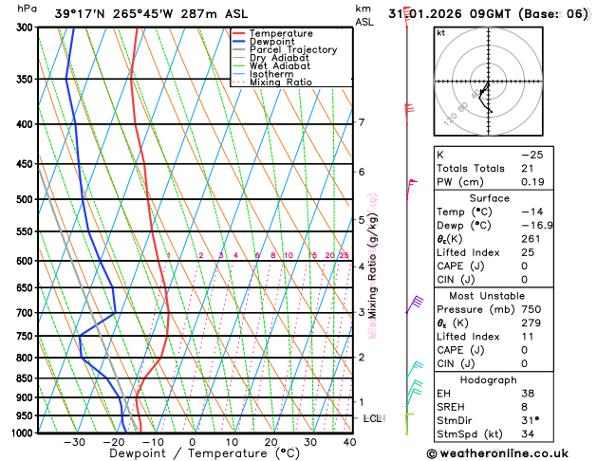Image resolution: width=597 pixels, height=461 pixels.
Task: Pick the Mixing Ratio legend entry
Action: coord(281,83)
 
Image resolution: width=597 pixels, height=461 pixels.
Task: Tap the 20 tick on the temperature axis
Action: coord(271,442)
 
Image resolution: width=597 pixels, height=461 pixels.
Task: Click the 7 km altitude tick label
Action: coord(361,122)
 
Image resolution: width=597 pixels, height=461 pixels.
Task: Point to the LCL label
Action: coord(373,418)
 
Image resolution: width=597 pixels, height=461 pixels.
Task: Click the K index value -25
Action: coord(532,154)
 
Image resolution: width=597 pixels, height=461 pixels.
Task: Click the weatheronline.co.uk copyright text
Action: coord(511,452)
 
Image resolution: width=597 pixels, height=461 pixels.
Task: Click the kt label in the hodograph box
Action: coord(440,32)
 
